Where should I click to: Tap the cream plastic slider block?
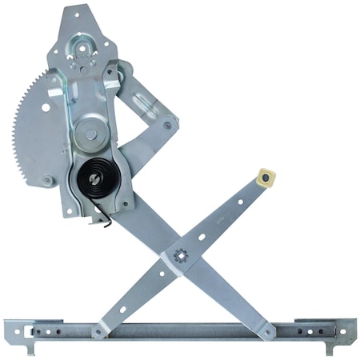click(x=266, y=178)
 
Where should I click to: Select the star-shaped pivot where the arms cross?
click(x=181, y=256)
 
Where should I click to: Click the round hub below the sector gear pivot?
click(x=90, y=133)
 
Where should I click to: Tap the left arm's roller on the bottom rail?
click(x=99, y=330)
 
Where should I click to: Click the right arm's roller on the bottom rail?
click(x=262, y=329)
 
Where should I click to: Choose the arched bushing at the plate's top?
click(x=82, y=50)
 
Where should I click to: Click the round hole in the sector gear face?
click(x=46, y=107)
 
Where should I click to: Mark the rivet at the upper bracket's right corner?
click(x=167, y=125)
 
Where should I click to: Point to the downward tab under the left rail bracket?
click(x=31, y=349)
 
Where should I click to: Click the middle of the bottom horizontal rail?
click(x=180, y=330)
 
